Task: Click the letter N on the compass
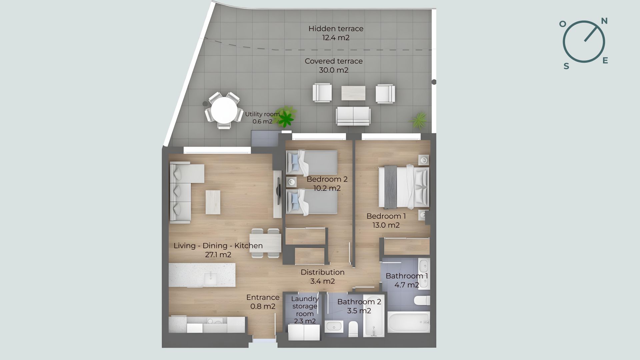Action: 604,21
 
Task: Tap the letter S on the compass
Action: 566,66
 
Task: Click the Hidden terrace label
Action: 336,29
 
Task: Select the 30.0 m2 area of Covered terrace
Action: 334,70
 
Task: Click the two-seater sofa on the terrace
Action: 353,116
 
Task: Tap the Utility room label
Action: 262,114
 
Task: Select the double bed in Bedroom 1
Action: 404,187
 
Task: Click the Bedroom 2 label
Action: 327,179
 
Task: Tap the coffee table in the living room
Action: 213,202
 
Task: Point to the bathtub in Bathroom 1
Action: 408,322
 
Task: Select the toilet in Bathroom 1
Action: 422,300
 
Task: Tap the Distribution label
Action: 323,272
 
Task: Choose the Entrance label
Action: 263,297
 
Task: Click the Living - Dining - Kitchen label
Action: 218,246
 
